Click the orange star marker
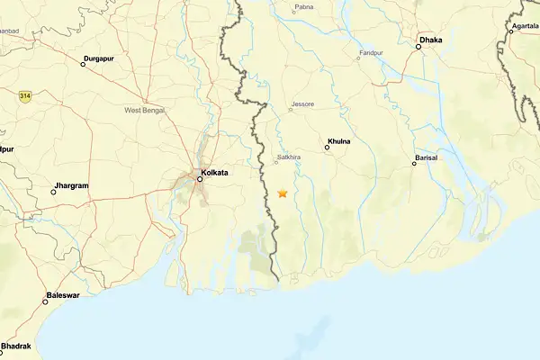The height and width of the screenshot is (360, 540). pyautogui.click(x=283, y=193)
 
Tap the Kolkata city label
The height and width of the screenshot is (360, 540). pyautogui.click(x=216, y=171)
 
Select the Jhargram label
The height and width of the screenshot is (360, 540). pyautogui.click(x=72, y=185)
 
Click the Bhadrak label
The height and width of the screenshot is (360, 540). pyautogui.click(x=16, y=346)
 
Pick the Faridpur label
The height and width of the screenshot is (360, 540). pyautogui.click(x=372, y=53)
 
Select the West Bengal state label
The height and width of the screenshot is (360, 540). pyautogui.click(x=145, y=110)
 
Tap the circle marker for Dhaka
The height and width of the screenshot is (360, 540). pyautogui.click(x=418, y=47)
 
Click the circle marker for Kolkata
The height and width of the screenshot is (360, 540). pyautogui.click(x=200, y=178)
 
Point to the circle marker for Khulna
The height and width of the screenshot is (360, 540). pyautogui.click(x=328, y=148)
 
